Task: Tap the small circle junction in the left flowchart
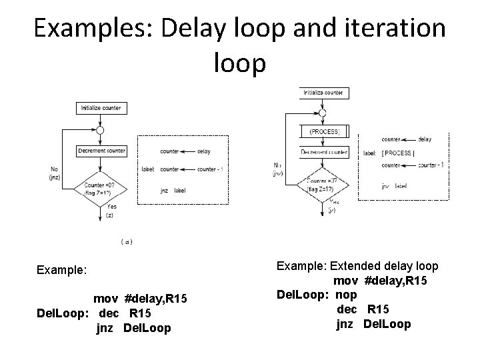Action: tap(100, 130)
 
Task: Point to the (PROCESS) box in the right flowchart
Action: tap(325, 132)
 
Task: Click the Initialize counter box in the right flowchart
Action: tap(325, 92)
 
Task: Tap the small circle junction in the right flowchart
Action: tap(325, 112)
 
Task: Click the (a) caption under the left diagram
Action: tap(126, 241)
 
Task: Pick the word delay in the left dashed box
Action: tap(204, 151)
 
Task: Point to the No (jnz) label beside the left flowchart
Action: tap(56, 173)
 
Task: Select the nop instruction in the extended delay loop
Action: tap(347, 294)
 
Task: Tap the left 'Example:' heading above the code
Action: tap(61, 271)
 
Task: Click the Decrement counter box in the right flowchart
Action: tap(325, 153)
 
